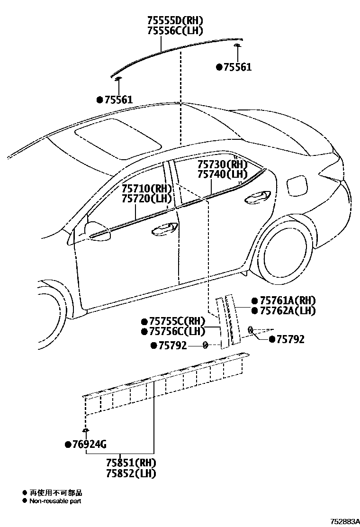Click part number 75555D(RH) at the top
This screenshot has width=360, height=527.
pyautogui.click(x=175, y=20)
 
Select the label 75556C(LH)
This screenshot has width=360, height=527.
pyautogui.click(x=175, y=31)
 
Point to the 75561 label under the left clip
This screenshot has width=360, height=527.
pyautogui.click(x=117, y=100)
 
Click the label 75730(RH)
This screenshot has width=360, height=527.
pyautogui.click(x=222, y=164)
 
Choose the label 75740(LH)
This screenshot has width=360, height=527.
pyautogui.click(x=222, y=174)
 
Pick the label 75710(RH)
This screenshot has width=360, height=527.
pyautogui.click(x=146, y=188)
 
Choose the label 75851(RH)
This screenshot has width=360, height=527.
pyautogui.click(x=131, y=463)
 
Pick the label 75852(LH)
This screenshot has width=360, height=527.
pyautogui.click(x=131, y=472)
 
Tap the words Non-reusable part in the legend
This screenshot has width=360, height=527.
pyautogui.click(x=55, y=501)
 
